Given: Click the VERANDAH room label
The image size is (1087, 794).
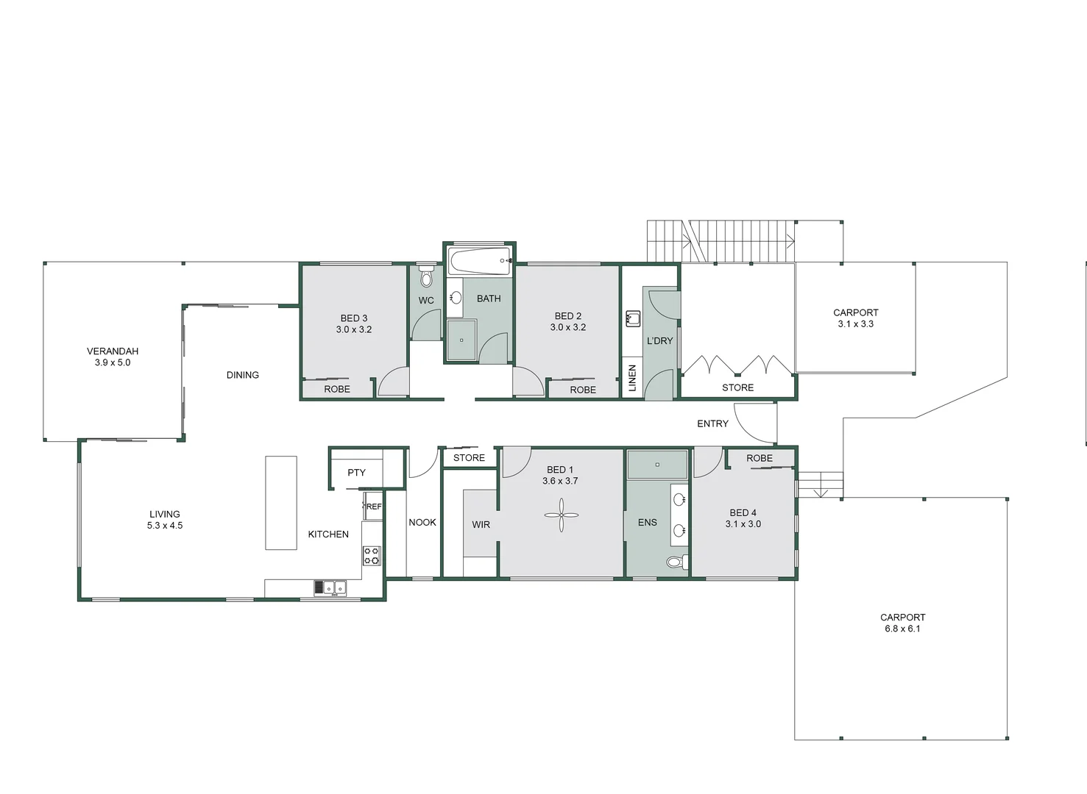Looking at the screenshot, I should click(113, 351).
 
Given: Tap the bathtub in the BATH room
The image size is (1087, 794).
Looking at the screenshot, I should click(479, 261).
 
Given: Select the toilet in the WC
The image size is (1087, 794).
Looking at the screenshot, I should click(426, 278).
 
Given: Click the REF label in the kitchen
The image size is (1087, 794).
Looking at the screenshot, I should click(374, 507).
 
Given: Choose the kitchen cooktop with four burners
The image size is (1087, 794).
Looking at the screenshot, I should click(372, 555).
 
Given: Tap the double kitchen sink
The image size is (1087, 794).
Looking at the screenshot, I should click(330, 587).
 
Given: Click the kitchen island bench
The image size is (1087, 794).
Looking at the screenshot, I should click(281, 502).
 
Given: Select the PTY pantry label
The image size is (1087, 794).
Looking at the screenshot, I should click(356, 473).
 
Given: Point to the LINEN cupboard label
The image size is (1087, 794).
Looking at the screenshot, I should click(632, 378).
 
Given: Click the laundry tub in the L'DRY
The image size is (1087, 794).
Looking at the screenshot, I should click(633, 318).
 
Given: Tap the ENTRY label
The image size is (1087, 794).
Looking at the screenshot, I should click(712, 423).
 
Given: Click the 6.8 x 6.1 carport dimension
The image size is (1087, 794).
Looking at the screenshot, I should click(902, 629).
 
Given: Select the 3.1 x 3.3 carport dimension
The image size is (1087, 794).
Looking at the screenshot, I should click(855, 323).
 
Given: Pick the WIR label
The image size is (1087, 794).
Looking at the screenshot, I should click(481, 524).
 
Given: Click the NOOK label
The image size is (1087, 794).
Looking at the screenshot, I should click(422, 522).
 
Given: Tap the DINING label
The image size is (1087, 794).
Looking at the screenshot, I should click(243, 375).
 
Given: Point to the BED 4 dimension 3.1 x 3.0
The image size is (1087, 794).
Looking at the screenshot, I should click(743, 524).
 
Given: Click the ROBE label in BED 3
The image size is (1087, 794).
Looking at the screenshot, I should click(337, 389).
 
